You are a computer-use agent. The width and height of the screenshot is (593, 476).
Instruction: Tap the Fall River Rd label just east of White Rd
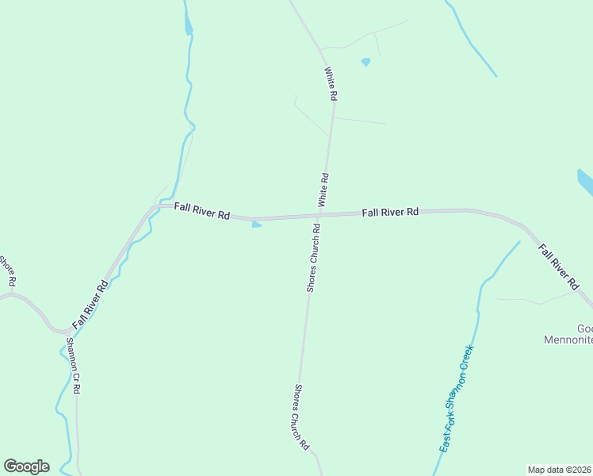coord(390,213)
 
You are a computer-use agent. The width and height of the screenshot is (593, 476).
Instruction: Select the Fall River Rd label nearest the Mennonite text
coord(558,264)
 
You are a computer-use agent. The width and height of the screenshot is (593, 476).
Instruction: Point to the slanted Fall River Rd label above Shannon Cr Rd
coord(90,304)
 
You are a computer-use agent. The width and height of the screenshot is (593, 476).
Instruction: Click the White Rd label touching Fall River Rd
coord(323,190)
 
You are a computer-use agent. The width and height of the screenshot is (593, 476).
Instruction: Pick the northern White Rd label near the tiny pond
coord(331,83)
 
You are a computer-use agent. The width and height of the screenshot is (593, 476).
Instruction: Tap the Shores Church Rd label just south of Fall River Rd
coord(314,259)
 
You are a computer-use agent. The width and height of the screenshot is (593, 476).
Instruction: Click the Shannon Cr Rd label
coord(73,366)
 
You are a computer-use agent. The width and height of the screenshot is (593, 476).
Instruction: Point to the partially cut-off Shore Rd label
coord(8,271)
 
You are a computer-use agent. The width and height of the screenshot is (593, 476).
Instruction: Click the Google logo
coord(26,466)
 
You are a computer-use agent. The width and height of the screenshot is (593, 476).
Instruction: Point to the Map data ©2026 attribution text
coord(559,470)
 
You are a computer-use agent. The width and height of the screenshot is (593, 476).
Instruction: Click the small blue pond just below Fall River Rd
coord(256,225)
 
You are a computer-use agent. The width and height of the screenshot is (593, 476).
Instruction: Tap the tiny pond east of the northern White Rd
coord(365,62)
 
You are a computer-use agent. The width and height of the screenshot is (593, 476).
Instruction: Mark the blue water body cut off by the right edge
coord(585,182)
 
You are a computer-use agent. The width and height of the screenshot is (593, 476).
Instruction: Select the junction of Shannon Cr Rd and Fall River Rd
coord(65,332)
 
